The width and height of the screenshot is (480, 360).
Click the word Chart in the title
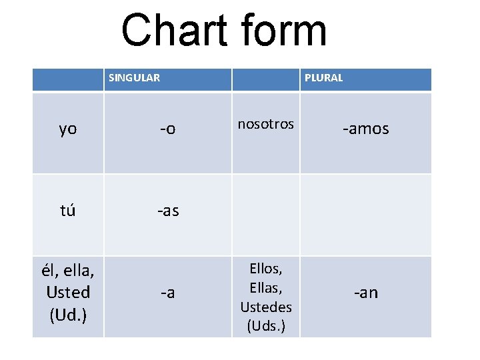(175, 31)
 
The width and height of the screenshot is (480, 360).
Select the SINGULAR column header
(134, 78)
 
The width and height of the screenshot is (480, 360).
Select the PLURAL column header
(323, 78)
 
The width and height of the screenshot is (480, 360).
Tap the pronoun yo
(68, 129)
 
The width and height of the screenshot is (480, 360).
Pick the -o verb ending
(167, 129)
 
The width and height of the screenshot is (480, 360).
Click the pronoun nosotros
(266, 124)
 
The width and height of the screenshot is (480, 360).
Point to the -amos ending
(365, 129)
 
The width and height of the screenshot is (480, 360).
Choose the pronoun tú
(68, 211)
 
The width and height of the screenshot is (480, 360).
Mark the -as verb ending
(167, 211)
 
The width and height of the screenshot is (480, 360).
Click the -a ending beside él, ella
(167, 293)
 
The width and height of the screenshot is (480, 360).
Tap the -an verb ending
(365, 293)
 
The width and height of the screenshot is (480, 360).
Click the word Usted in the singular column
(68, 293)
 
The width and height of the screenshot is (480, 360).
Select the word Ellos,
(266, 269)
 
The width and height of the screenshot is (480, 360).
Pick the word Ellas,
(266, 288)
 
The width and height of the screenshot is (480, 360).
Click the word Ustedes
(266, 307)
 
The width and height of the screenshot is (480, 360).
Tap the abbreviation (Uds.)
(266, 327)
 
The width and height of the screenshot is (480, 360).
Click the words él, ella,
(68, 272)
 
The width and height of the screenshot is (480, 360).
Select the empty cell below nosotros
(266, 215)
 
